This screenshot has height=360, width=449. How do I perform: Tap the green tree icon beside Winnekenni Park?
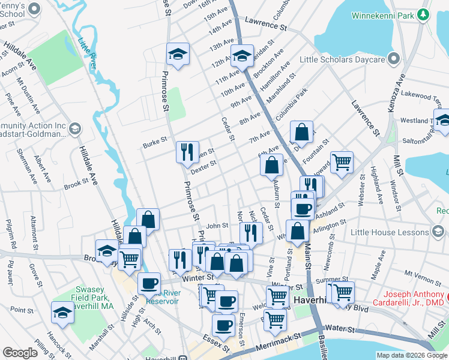[x=424, y=13]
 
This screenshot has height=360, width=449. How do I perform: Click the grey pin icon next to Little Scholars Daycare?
[x=394, y=58]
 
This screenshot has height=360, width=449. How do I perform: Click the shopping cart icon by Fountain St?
[x=342, y=161]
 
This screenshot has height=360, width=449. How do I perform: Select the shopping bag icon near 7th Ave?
[x=302, y=131]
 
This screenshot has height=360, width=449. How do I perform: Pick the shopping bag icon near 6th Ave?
[x=271, y=164]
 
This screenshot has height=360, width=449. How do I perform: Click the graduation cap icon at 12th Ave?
[x=243, y=55]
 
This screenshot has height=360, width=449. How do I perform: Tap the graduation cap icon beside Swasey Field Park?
[x=62, y=313]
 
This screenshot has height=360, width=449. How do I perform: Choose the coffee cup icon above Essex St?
[x=223, y=325]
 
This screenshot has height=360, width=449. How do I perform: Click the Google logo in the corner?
[x=20, y=353]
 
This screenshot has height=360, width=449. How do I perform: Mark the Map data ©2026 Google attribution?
[x=411, y=355]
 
